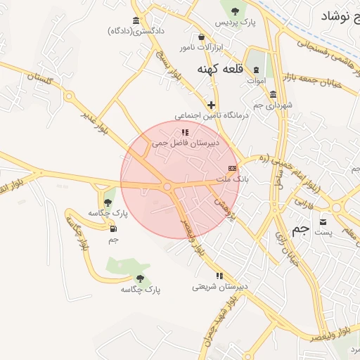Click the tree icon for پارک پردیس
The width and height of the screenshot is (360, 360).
[x=233, y=11]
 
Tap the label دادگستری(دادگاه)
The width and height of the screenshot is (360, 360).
[x=136, y=31]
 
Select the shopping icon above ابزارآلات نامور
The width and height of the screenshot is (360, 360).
[x=202, y=37]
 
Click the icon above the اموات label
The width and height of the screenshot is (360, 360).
[x=256, y=70]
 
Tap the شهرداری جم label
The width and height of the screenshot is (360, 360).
[x=272, y=105]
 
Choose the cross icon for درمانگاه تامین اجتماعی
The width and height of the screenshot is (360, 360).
[x=210, y=105]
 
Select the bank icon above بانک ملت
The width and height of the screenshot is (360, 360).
[x=232, y=169]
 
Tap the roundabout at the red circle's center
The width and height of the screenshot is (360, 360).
[x=167, y=186]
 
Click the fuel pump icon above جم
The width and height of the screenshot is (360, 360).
[x=113, y=229]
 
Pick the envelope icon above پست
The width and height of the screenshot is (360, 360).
[x=323, y=221]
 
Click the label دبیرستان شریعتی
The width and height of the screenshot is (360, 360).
[x=219, y=287]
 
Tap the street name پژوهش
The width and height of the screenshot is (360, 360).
[x=222, y=205]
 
